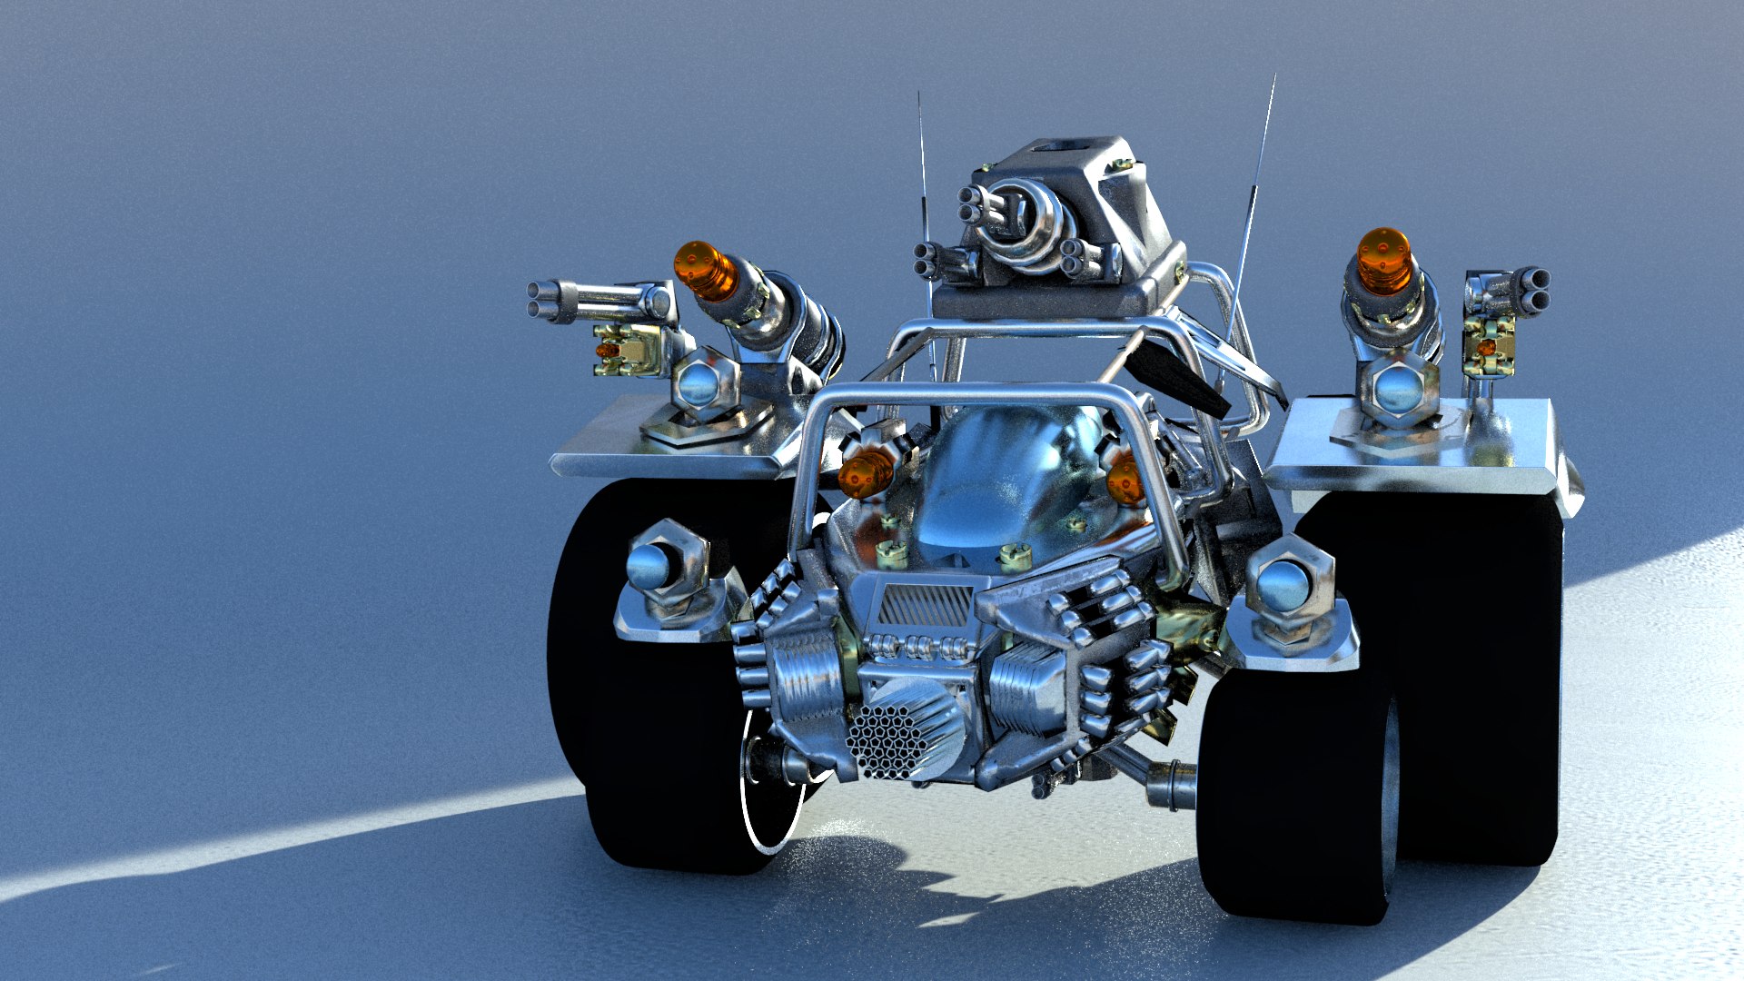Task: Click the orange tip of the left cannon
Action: pyautogui.click(x=704, y=271)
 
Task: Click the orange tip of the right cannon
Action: pyautogui.click(x=1383, y=261)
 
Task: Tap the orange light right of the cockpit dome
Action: pyautogui.click(x=1125, y=480)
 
